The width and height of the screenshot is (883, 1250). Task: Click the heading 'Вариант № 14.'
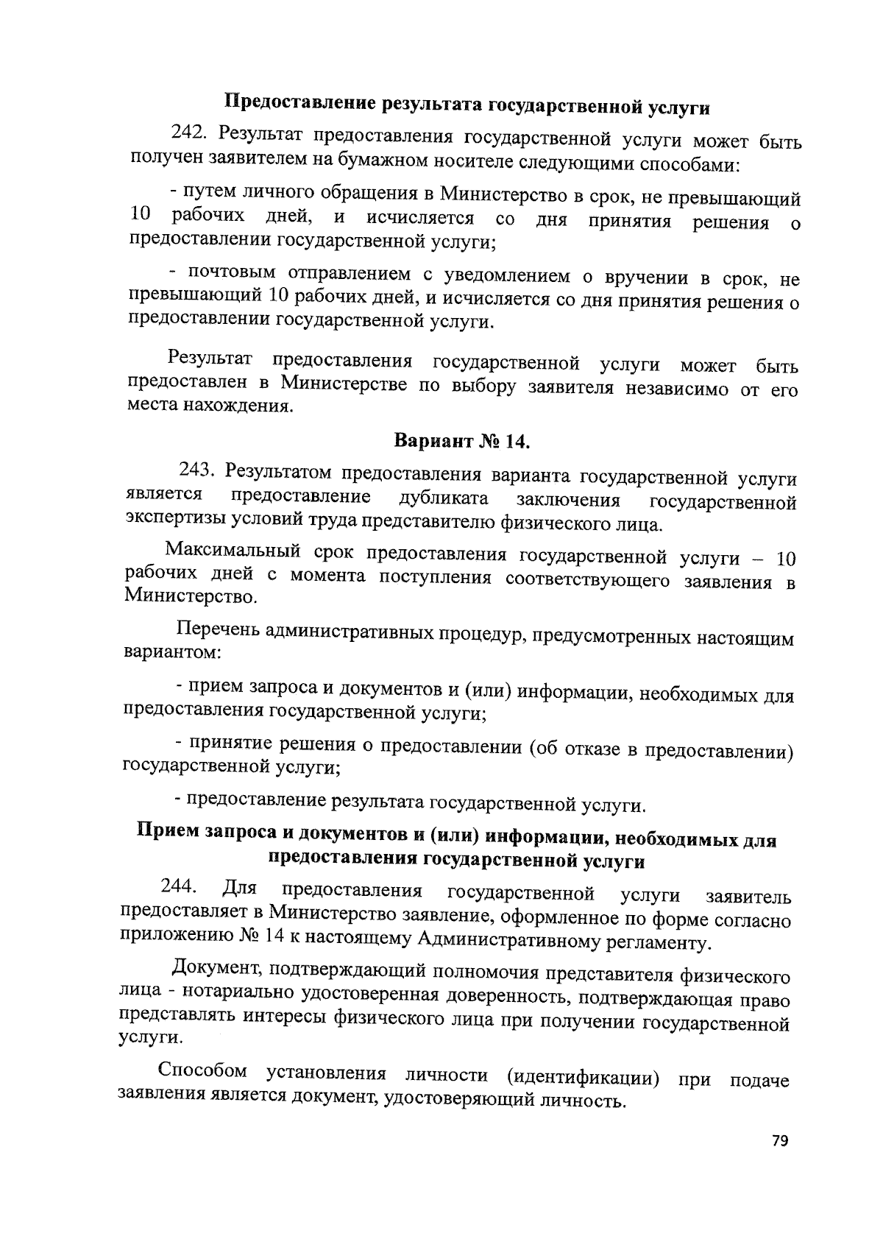[462, 441]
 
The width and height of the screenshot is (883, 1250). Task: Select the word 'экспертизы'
[175, 521]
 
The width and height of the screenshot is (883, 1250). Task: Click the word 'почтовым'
[231, 274]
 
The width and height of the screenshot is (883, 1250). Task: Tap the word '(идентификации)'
[584, 1078]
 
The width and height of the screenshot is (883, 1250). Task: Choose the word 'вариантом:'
[172, 652]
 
